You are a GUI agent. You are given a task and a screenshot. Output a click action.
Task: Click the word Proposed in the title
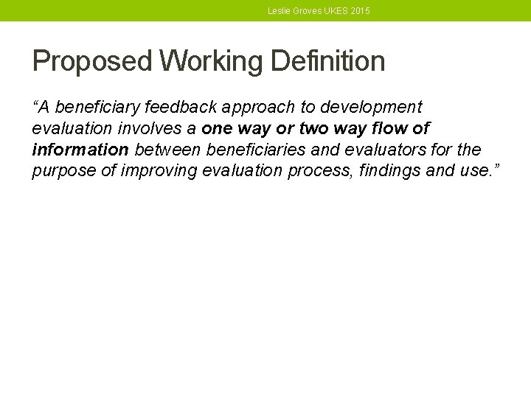[92, 61]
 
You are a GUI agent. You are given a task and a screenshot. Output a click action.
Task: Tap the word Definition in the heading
[328, 61]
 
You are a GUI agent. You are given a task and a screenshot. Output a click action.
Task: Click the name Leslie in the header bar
[280, 11]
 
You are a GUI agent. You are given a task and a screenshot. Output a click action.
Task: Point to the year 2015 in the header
[361, 11]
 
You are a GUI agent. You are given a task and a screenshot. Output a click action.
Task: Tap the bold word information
[80, 150]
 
